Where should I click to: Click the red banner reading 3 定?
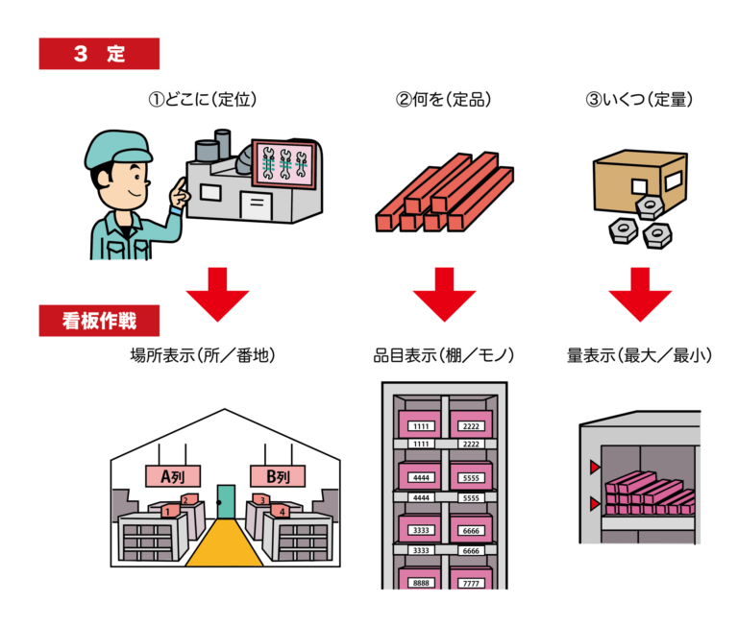coord(99,54)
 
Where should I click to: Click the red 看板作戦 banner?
coord(99,320)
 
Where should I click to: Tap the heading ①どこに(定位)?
coord(201,99)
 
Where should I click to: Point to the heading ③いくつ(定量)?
coord(638,99)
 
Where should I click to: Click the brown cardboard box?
coord(638,182)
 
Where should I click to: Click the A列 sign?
coord(172,475)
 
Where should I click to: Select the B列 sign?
coord(277,475)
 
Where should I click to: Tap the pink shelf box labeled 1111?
coord(420,423)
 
